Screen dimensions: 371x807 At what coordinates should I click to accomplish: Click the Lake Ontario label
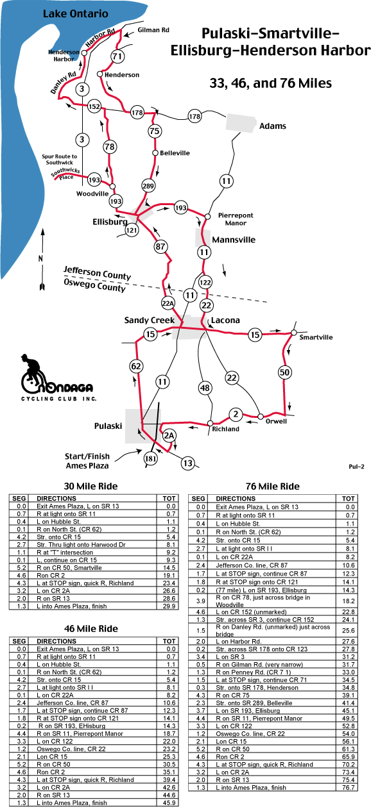[76, 13]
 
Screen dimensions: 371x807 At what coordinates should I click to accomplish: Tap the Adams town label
[273, 126]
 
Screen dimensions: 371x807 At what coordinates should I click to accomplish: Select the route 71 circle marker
[117, 56]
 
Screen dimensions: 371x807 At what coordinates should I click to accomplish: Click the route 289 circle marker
[148, 186]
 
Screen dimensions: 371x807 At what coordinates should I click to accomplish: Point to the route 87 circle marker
[160, 247]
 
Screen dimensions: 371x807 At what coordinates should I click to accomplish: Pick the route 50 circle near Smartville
[284, 372]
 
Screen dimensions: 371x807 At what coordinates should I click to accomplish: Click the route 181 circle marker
[150, 458]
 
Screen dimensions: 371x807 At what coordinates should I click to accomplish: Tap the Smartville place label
[316, 338]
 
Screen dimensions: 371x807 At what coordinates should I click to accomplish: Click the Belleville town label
[175, 153]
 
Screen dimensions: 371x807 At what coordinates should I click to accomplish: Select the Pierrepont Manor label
[236, 219]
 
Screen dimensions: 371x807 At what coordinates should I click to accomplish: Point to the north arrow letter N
[40, 258]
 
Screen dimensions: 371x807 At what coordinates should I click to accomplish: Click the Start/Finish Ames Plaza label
[87, 461]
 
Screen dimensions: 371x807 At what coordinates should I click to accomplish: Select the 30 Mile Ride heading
[91, 487]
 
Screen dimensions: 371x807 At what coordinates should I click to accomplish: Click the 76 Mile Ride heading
[273, 487]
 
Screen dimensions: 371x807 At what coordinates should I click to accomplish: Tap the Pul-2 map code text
[357, 467]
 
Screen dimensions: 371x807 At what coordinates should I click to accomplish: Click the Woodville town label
[92, 194]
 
